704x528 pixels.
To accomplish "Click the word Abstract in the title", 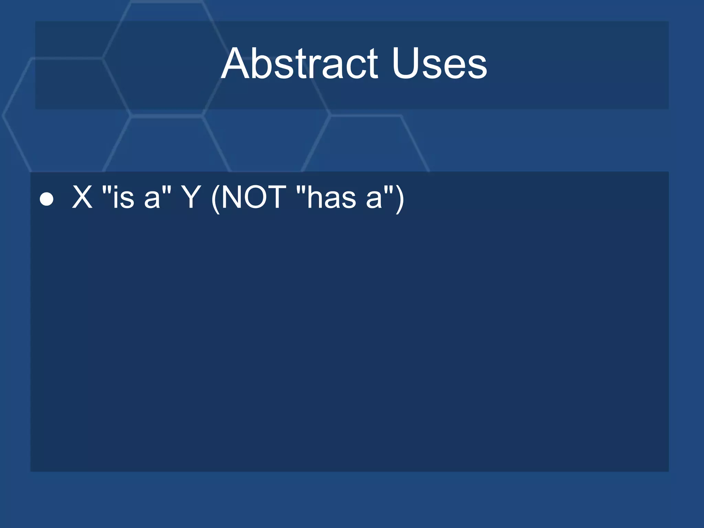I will (299, 64).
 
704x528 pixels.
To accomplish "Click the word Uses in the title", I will (439, 64).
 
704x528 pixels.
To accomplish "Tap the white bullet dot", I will (46, 199).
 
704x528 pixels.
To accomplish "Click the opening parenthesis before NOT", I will (216, 199).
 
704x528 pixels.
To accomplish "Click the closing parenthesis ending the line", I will (400, 199).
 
